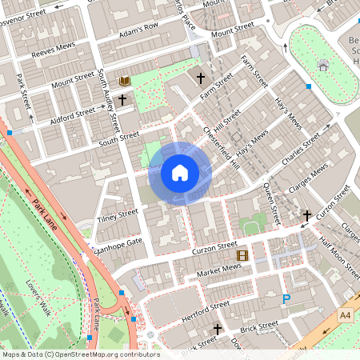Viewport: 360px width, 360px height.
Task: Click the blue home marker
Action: click(179, 172)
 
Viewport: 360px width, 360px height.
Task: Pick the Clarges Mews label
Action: click(309, 173)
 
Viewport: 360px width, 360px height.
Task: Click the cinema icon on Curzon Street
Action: click(242, 256)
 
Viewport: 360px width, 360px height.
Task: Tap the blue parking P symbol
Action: click(286, 300)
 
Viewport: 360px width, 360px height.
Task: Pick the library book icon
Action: click(125, 82)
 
